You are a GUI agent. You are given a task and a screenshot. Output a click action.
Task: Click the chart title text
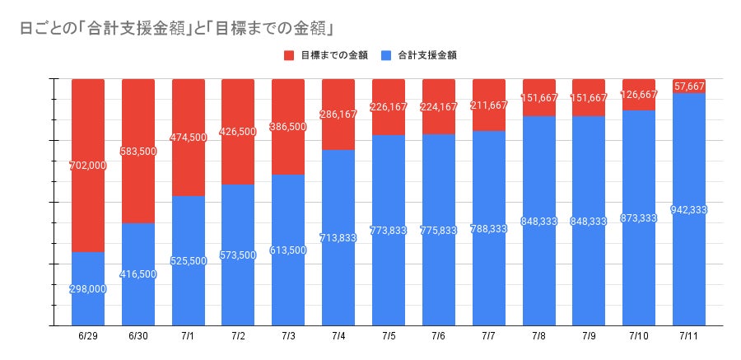pyautogui.click(x=176, y=27)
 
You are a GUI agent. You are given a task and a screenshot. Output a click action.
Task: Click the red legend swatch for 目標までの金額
pyautogui.click(x=289, y=55)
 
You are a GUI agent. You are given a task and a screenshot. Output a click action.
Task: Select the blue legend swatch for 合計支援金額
pyautogui.click(x=387, y=55)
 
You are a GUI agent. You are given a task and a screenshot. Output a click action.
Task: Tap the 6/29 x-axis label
pyautogui.click(x=88, y=337)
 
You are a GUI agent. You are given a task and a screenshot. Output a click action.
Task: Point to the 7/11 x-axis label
pyautogui.click(x=688, y=337)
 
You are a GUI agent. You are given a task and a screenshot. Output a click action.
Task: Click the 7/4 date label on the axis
pyautogui.click(x=338, y=337)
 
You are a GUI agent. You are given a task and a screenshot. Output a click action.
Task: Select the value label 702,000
pyautogui.click(x=88, y=165)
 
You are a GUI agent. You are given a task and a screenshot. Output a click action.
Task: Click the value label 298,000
pyautogui.click(x=88, y=288)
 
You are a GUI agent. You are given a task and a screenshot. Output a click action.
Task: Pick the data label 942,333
pyautogui.click(x=688, y=209)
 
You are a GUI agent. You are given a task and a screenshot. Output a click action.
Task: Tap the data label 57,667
pyautogui.click(x=688, y=86)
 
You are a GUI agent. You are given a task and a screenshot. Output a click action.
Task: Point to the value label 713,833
pyautogui.click(x=338, y=237)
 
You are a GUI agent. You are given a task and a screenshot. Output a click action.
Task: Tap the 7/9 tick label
pyautogui.click(x=588, y=337)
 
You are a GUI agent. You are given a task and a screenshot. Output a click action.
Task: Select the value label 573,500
pyautogui.click(x=238, y=255)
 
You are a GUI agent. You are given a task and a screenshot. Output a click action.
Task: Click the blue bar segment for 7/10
pyautogui.click(x=638, y=272)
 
